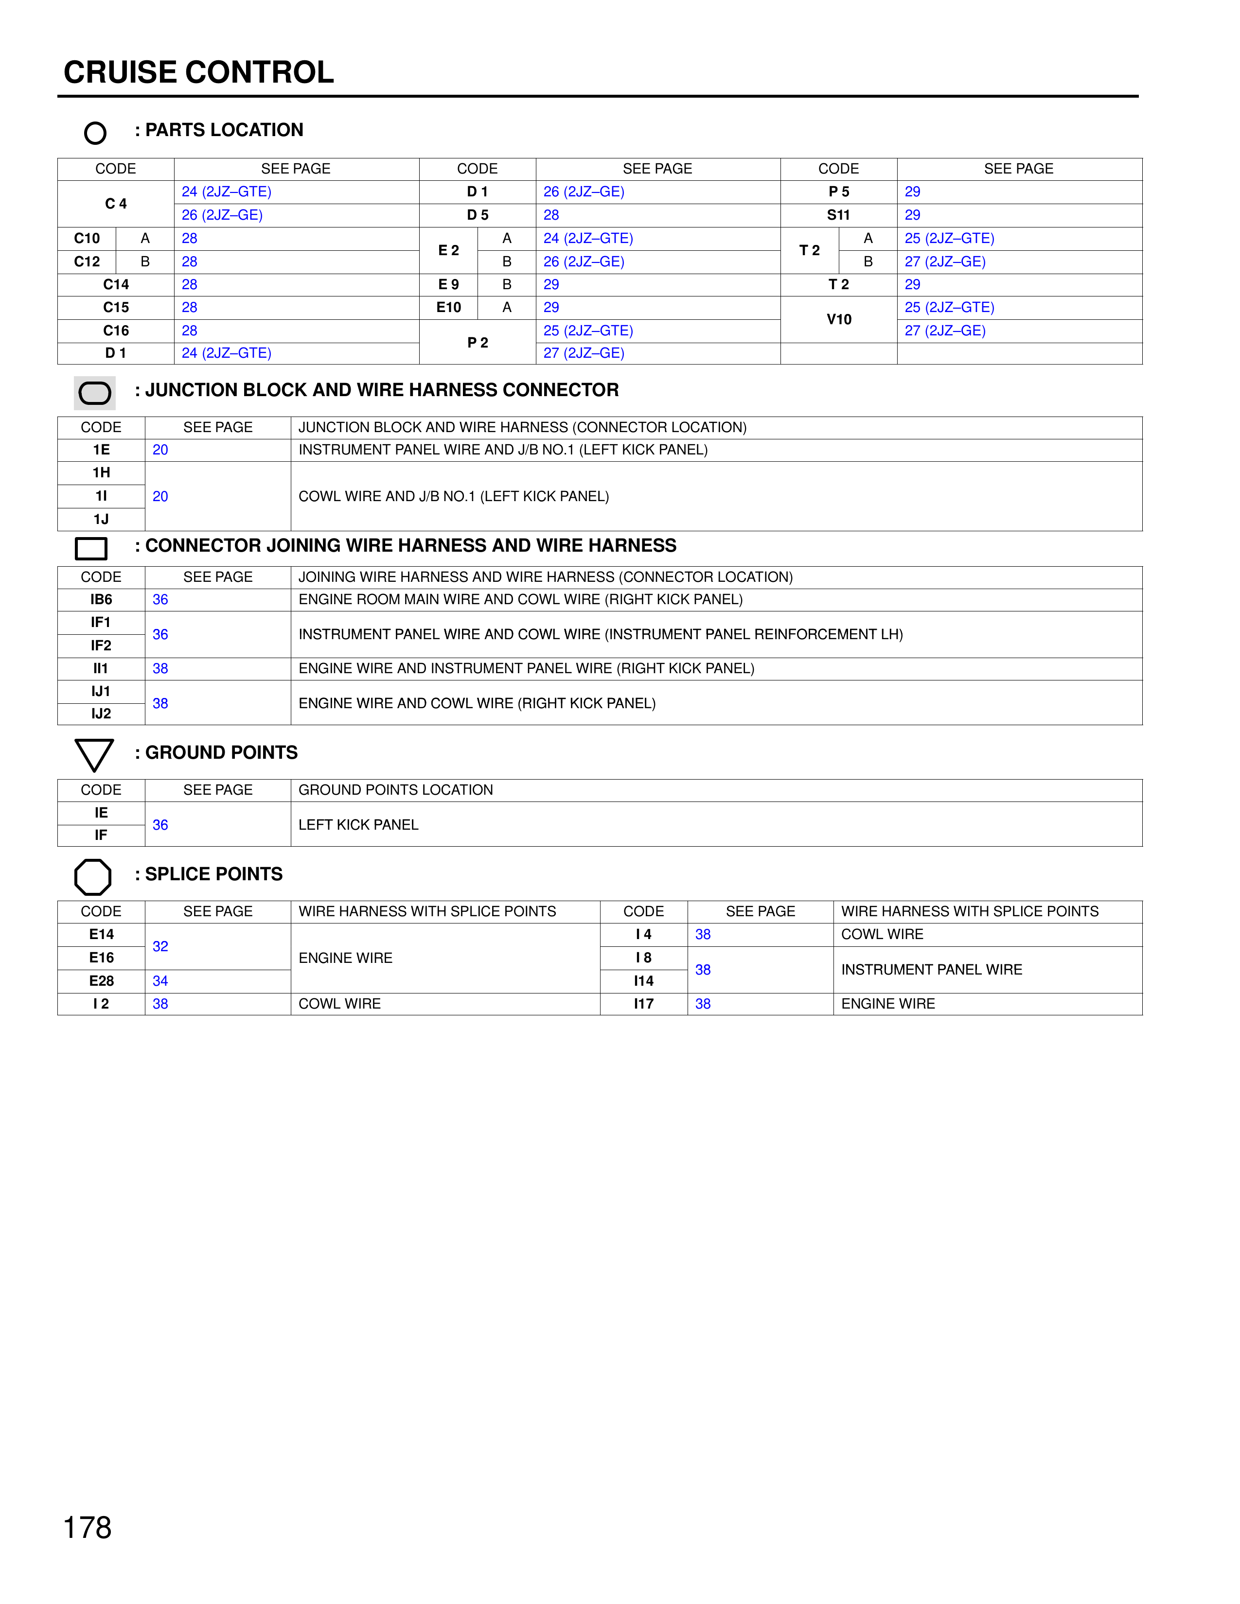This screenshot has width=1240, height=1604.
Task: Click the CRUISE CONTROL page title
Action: click(x=198, y=72)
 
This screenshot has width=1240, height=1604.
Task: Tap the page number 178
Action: click(x=88, y=1527)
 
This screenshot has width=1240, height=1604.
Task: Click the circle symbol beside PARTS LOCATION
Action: click(x=95, y=133)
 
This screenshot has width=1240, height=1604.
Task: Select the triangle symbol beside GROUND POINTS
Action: click(x=94, y=754)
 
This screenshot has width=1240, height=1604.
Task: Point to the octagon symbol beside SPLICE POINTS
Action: click(x=93, y=877)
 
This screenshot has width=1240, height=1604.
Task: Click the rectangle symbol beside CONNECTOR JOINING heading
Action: click(x=91, y=548)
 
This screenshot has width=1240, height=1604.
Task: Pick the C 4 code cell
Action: click(x=116, y=204)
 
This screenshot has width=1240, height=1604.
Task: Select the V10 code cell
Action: click(x=838, y=319)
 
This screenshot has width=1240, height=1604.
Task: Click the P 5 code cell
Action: click(x=838, y=192)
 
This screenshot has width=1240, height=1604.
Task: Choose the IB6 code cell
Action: click(x=101, y=599)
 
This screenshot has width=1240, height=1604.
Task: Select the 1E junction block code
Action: click(x=101, y=450)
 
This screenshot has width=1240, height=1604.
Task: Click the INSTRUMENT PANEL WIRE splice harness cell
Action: click(x=932, y=970)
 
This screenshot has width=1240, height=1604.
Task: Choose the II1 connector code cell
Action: click(x=101, y=668)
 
